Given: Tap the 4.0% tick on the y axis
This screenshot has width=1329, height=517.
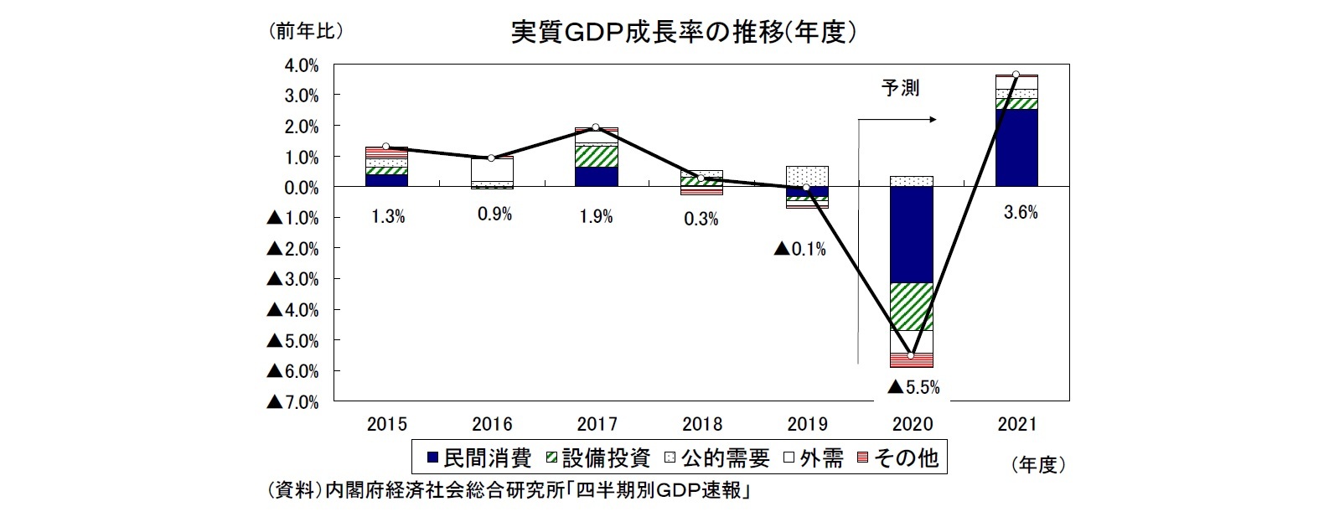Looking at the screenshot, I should (x=302, y=65).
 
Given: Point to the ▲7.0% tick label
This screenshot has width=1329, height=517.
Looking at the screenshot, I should (x=292, y=402).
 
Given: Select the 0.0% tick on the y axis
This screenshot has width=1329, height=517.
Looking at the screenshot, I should (x=302, y=188).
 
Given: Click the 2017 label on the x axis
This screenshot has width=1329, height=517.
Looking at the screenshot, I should (x=597, y=424).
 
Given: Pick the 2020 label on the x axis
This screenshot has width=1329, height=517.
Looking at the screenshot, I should (x=912, y=424).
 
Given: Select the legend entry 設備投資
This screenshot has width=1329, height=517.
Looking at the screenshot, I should (x=597, y=458).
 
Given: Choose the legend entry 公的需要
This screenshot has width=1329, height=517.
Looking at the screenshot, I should (x=716, y=458).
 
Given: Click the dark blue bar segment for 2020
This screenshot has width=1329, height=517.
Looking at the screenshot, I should (x=912, y=235).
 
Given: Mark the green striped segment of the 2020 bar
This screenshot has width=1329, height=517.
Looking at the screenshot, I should (x=912, y=307).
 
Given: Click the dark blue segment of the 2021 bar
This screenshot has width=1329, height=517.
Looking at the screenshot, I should (x=1016, y=147).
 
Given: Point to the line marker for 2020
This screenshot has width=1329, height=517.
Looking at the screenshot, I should (x=912, y=355).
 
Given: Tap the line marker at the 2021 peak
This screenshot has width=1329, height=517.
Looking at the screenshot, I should (x=1016, y=75).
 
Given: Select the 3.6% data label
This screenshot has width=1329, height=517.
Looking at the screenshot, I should (x=1021, y=214).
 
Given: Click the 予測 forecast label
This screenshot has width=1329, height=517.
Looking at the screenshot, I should (x=901, y=88).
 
